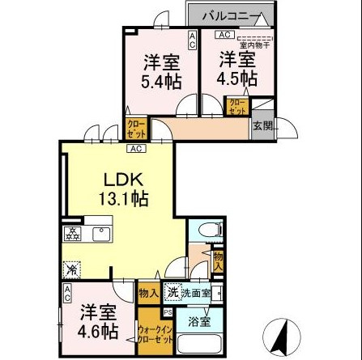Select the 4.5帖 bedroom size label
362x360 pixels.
coord(237,70)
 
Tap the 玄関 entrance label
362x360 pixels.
coord(262,126)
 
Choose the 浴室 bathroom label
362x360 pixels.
coord(198,321)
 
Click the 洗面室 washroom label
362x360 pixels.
coord(196,293)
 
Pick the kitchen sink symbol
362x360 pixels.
coord(102,234)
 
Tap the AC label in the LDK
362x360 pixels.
coord(135,148)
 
